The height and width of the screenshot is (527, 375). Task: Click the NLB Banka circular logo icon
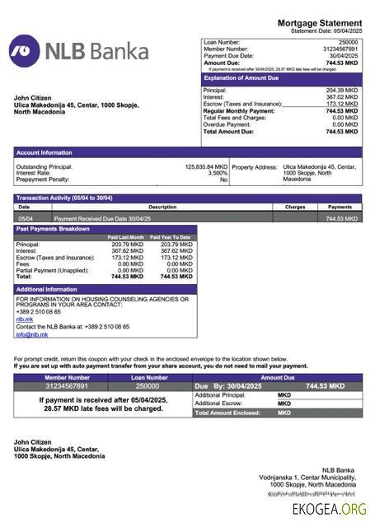point(25,51)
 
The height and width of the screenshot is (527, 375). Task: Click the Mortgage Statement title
point(319,23)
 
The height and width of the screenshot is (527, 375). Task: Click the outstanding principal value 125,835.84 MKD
point(206,166)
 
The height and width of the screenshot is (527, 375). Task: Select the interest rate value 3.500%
point(218,173)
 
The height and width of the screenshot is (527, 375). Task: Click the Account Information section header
point(44,152)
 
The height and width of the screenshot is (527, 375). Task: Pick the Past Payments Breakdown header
point(53,229)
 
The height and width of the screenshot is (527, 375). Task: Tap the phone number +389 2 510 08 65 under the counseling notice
point(38,311)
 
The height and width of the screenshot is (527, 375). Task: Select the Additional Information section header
point(47,289)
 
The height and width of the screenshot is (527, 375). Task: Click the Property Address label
point(254,166)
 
